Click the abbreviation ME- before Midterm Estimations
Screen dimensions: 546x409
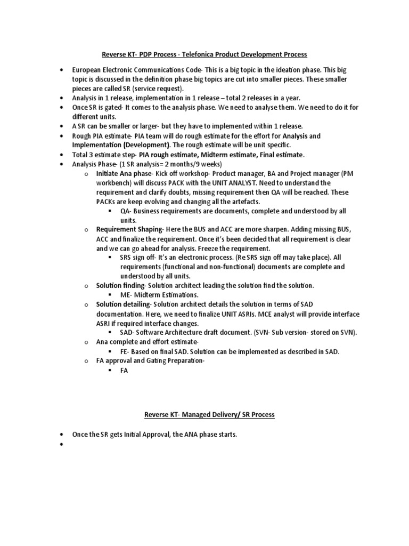126,295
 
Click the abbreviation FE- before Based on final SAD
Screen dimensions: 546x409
125,351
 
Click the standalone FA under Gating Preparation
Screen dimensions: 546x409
124,370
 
